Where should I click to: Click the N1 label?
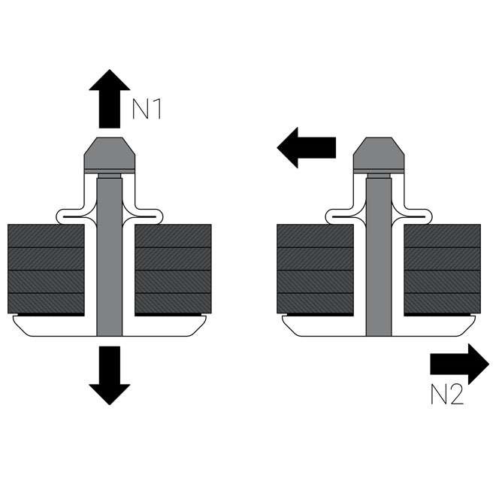147,110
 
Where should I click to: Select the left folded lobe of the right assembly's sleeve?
340,216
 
